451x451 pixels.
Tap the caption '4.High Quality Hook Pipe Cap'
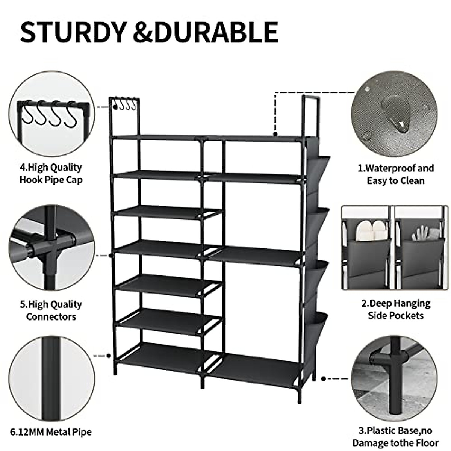(51, 173)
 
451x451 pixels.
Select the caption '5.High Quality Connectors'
(51, 310)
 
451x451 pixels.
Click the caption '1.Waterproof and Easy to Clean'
(396, 174)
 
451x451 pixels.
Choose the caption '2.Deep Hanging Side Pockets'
(396, 309)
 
